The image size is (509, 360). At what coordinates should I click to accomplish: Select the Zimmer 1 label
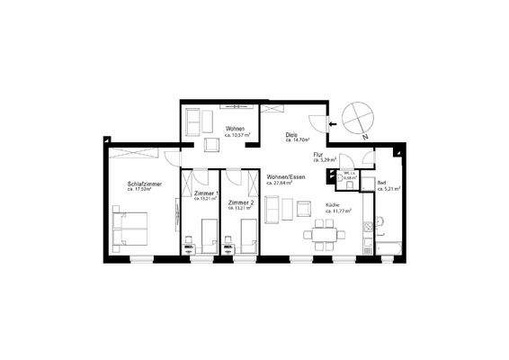[205, 193]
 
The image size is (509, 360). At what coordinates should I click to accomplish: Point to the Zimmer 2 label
[241, 202]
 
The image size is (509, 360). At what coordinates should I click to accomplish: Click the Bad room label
[382, 182]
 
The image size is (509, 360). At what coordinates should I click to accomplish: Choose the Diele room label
[292, 135]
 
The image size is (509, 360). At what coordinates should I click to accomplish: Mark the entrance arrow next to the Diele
[334, 124]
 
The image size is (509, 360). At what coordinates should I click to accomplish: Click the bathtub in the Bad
[390, 246]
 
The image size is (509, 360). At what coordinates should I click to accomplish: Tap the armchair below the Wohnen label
[212, 144]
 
